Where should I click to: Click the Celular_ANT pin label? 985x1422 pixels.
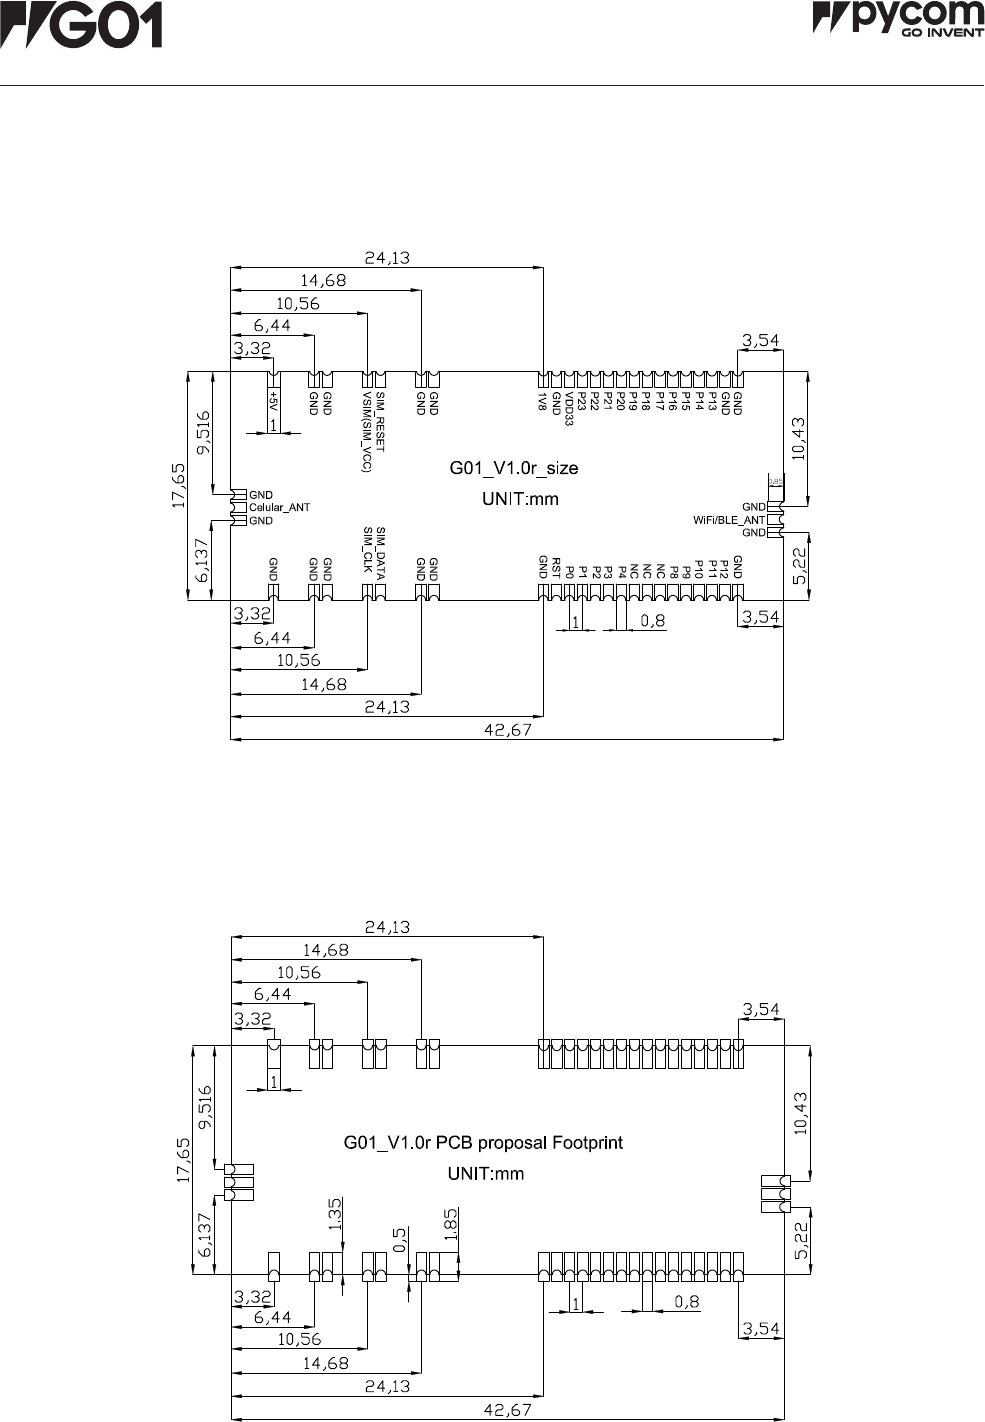pos(280,507)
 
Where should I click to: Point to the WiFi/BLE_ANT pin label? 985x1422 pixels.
pos(729,520)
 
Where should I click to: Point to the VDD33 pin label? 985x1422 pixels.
pos(570,407)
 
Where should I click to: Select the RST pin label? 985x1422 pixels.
pos(556,567)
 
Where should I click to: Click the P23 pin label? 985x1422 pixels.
pos(582,402)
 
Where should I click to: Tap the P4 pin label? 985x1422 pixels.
pos(622,571)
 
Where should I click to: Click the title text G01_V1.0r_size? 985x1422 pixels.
pos(511,467)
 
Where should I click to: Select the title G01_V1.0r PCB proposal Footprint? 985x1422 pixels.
pos(483,1142)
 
